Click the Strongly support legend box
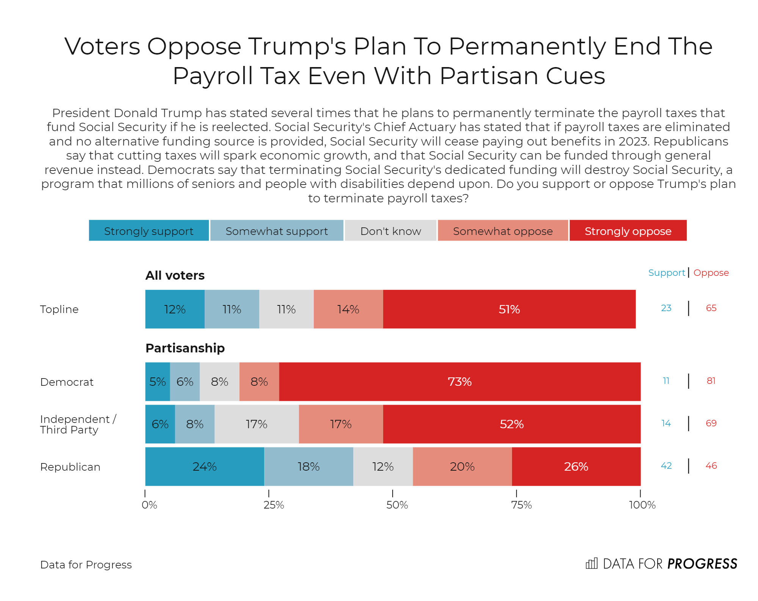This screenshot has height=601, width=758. [x=149, y=230]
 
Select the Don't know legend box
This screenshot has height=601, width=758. [x=390, y=230]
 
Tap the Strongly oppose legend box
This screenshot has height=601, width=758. [x=628, y=230]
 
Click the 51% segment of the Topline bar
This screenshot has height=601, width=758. [x=509, y=309]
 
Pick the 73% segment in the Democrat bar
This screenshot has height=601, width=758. [x=459, y=382]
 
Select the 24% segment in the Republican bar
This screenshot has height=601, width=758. [x=205, y=466]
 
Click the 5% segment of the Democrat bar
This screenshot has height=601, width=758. [x=157, y=382]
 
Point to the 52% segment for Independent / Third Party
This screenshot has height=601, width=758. [x=511, y=424]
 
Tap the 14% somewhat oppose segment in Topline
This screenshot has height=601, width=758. [x=348, y=309]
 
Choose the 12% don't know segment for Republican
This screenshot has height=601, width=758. [x=383, y=466]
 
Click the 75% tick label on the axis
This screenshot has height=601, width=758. [x=521, y=505]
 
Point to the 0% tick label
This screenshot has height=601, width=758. [x=149, y=505]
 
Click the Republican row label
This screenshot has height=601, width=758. [x=70, y=467]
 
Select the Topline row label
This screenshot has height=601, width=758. [x=59, y=309]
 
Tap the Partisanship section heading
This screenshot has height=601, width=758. [x=185, y=348]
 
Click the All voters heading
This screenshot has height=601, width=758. [x=175, y=275]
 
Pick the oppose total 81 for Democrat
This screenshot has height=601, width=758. [x=711, y=381]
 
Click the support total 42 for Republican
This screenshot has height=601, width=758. [x=666, y=466]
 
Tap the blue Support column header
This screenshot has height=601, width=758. [x=666, y=273]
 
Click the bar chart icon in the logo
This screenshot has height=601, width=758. [x=591, y=563]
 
